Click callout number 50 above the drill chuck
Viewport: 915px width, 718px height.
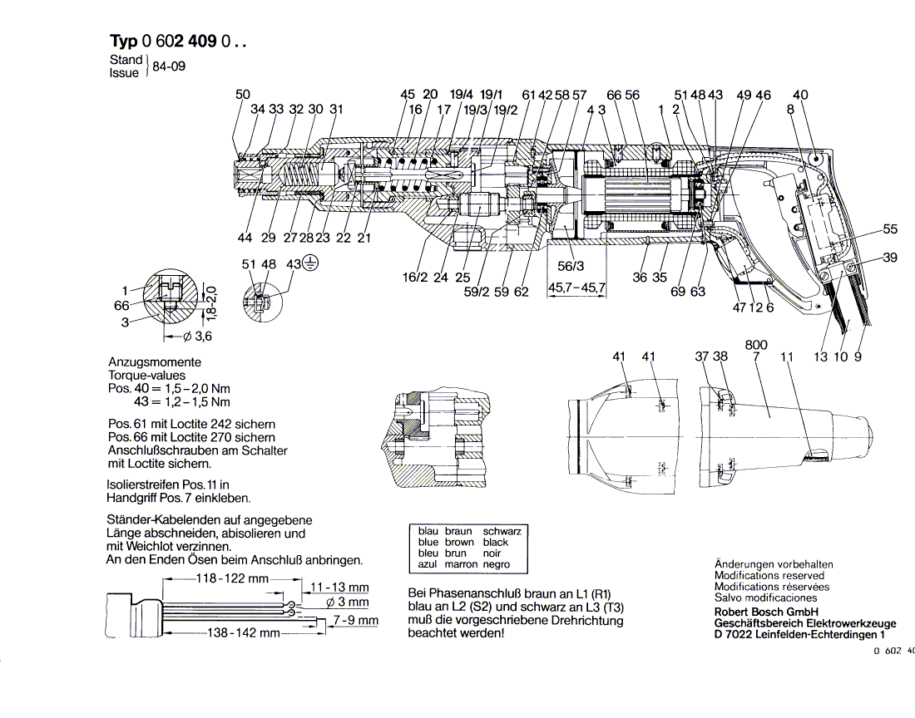click(242, 95)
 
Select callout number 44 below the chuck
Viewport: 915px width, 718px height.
click(244, 239)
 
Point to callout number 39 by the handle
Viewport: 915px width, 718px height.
click(890, 258)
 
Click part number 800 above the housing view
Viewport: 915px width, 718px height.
click(756, 344)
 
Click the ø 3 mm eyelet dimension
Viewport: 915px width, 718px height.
click(348, 602)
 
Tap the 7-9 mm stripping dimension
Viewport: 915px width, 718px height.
click(355, 620)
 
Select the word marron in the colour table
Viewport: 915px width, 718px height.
click(462, 564)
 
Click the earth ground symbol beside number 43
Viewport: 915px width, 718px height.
click(309, 264)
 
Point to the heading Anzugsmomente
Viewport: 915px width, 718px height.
click(155, 363)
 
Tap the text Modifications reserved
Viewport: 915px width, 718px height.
click(769, 575)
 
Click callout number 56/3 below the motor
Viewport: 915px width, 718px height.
click(571, 267)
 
